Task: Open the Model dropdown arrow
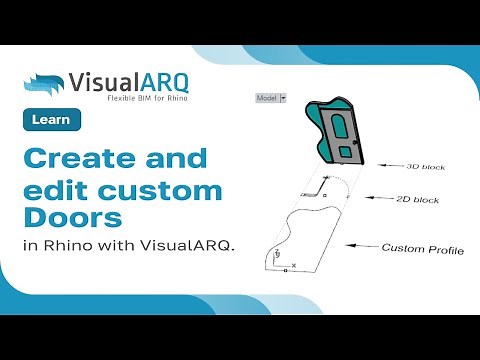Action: [283, 98]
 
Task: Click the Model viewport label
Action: [266, 98]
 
